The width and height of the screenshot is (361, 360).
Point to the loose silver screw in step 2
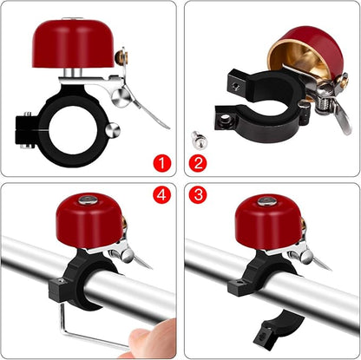pos(197,136)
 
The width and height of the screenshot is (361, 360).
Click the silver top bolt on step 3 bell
pos(266,200)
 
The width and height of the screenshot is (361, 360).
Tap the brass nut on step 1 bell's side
pos(122,56)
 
